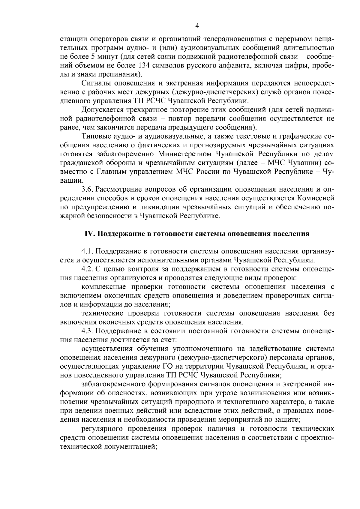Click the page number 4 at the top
pyautogui.click(x=197, y=26)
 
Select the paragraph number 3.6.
pyautogui.click(x=88, y=189)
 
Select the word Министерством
pyautogui.click(x=183, y=154)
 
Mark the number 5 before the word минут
pyautogui.click(x=93, y=56)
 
